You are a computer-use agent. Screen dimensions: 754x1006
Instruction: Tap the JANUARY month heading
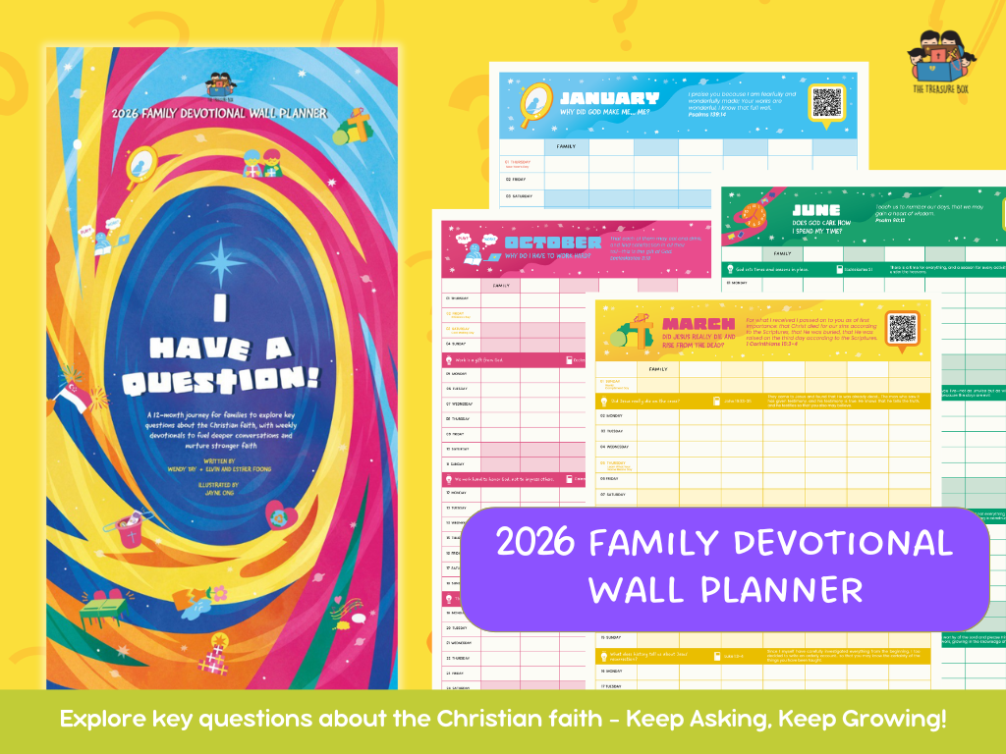click(x=609, y=98)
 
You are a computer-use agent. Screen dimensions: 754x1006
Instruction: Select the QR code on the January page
click(x=827, y=101)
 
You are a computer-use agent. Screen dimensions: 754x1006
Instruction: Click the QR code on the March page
click(x=902, y=328)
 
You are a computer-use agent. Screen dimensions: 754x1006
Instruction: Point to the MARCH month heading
click(x=699, y=324)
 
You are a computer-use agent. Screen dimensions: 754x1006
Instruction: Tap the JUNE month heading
click(x=816, y=209)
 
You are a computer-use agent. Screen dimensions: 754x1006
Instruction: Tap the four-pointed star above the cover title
click(x=219, y=260)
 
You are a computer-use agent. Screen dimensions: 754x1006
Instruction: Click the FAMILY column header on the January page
click(x=566, y=146)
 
